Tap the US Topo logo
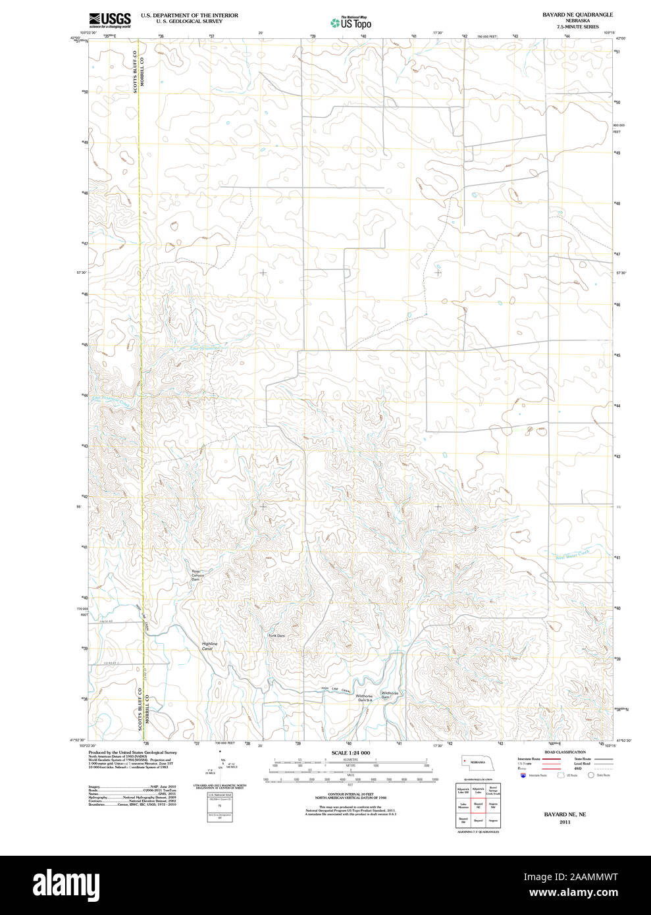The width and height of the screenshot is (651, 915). coord(351,23)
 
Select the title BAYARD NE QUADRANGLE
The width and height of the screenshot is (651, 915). coord(577,14)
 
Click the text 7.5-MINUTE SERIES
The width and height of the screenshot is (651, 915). coord(577,27)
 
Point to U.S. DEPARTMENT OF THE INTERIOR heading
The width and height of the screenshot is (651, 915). coord(189,15)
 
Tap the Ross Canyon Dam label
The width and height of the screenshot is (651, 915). coord(197,575)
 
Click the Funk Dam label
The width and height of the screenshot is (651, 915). coord(276,635)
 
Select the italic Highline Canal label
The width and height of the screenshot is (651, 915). coord(209,646)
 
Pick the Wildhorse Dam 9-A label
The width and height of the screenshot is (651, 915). coord(365,698)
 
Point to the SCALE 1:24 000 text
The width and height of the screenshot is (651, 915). coord(350,752)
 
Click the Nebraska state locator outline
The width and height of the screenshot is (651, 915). coord(475,761)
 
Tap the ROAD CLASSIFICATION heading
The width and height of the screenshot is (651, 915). coord(565,752)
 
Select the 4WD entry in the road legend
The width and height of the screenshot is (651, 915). coord(578,768)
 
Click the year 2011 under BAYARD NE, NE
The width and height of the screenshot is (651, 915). coord(564,822)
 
